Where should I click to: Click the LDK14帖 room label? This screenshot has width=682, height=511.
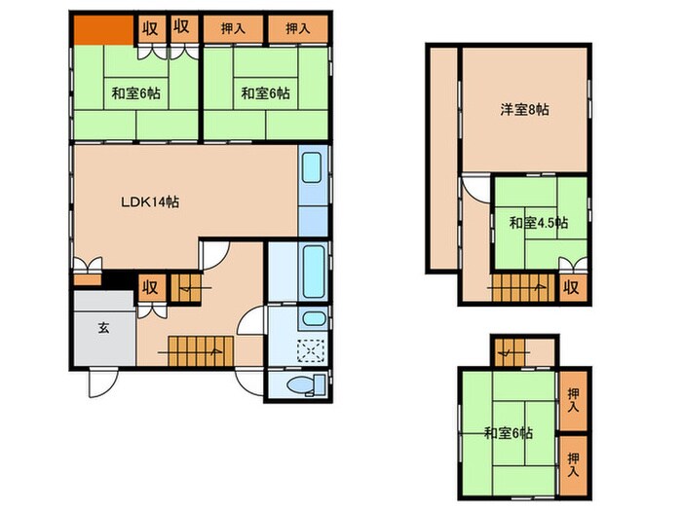click(149, 202)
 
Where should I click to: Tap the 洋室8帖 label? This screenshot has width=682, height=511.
click(525, 110)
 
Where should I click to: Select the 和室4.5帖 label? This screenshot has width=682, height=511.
click(539, 223)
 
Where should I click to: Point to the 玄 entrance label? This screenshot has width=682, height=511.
click(102, 327)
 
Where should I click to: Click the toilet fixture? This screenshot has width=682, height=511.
click(302, 386)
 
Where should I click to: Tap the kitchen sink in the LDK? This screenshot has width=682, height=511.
click(313, 170)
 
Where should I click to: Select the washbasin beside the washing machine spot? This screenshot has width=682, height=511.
click(313, 319)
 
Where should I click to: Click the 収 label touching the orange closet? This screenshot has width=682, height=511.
click(150, 27)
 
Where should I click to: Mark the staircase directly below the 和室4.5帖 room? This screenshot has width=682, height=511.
click(520, 286)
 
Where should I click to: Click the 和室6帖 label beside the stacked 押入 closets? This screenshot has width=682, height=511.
click(507, 432)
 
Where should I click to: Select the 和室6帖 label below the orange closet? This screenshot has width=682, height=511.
click(135, 93)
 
